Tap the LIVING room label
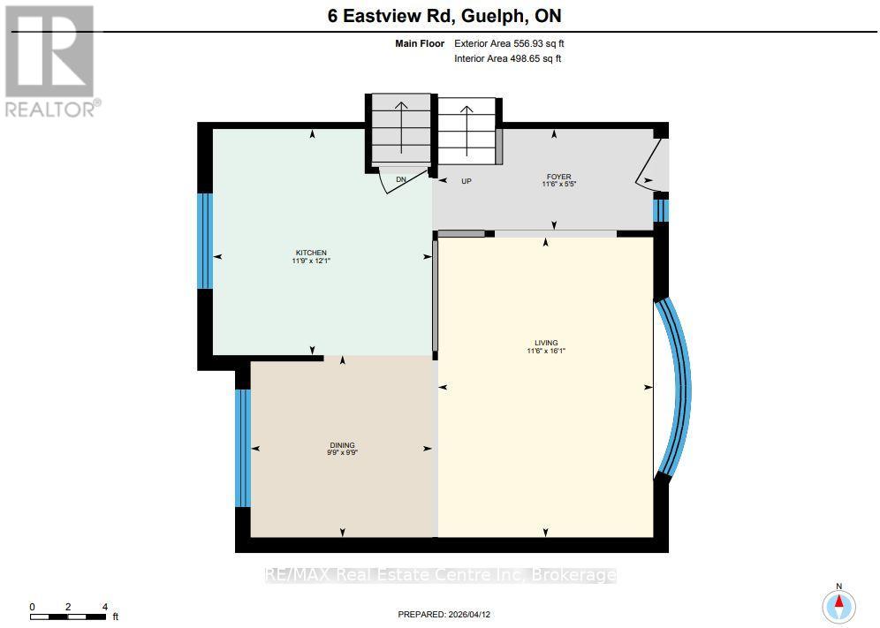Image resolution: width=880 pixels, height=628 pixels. (x=545, y=343)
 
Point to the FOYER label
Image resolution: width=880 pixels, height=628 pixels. (x=558, y=177)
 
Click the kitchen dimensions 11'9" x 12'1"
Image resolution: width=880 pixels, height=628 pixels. (x=305, y=261)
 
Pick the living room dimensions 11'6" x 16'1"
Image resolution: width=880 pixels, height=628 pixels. (x=545, y=351)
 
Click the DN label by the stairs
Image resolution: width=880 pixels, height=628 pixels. (x=400, y=180)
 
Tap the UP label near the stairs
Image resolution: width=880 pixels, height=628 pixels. (x=467, y=181)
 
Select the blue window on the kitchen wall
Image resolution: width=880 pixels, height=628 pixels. (x=205, y=240)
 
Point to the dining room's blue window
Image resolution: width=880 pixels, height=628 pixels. (x=243, y=447)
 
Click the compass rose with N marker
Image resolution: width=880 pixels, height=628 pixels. (x=838, y=605)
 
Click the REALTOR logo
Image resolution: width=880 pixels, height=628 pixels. (x=50, y=62)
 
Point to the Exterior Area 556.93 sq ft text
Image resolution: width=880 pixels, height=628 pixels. (x=507, y=42)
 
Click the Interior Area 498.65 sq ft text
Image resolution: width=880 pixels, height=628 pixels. (x=507, y=58)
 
